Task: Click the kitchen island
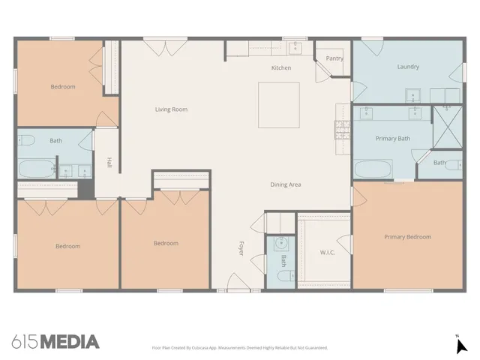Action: point(279,105)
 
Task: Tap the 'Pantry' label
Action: point(334,58)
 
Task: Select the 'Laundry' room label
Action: point(408,67)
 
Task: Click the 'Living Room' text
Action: point(171,109)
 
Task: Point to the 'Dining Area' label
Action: point(286,184)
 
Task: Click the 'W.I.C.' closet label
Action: point(327,252)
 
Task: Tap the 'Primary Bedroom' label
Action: point(407,237)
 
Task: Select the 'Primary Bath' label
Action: point(392,138)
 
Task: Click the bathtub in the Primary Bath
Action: point(372,169)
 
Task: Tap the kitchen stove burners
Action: point(342,130)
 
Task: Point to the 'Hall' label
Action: point(109,162)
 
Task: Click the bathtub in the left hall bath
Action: point(35,169)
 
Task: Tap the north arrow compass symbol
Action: point(461,345)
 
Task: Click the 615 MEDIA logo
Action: point(55,342)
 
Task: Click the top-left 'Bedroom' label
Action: point(63,87)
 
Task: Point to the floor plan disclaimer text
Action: point(239,348)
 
